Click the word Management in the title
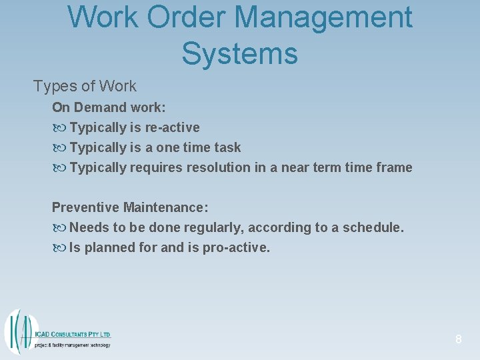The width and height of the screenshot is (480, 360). click(314, 17)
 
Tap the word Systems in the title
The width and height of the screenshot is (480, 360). click(239, 53)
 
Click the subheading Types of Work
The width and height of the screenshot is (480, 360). click(85, 86)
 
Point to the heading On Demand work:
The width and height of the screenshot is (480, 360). click(109, 107)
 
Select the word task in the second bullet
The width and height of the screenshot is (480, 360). click(226, 147)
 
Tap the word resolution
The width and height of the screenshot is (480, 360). click(219, 167)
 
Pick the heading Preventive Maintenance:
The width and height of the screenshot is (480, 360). click(130, 207)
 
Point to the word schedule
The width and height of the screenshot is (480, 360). click(373, 227)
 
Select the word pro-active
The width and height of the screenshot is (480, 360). click(241, 247)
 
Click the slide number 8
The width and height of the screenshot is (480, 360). click(458, 339)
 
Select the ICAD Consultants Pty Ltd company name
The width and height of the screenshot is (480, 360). click(72, 334)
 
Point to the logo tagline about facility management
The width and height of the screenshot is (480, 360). click(72, 345)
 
